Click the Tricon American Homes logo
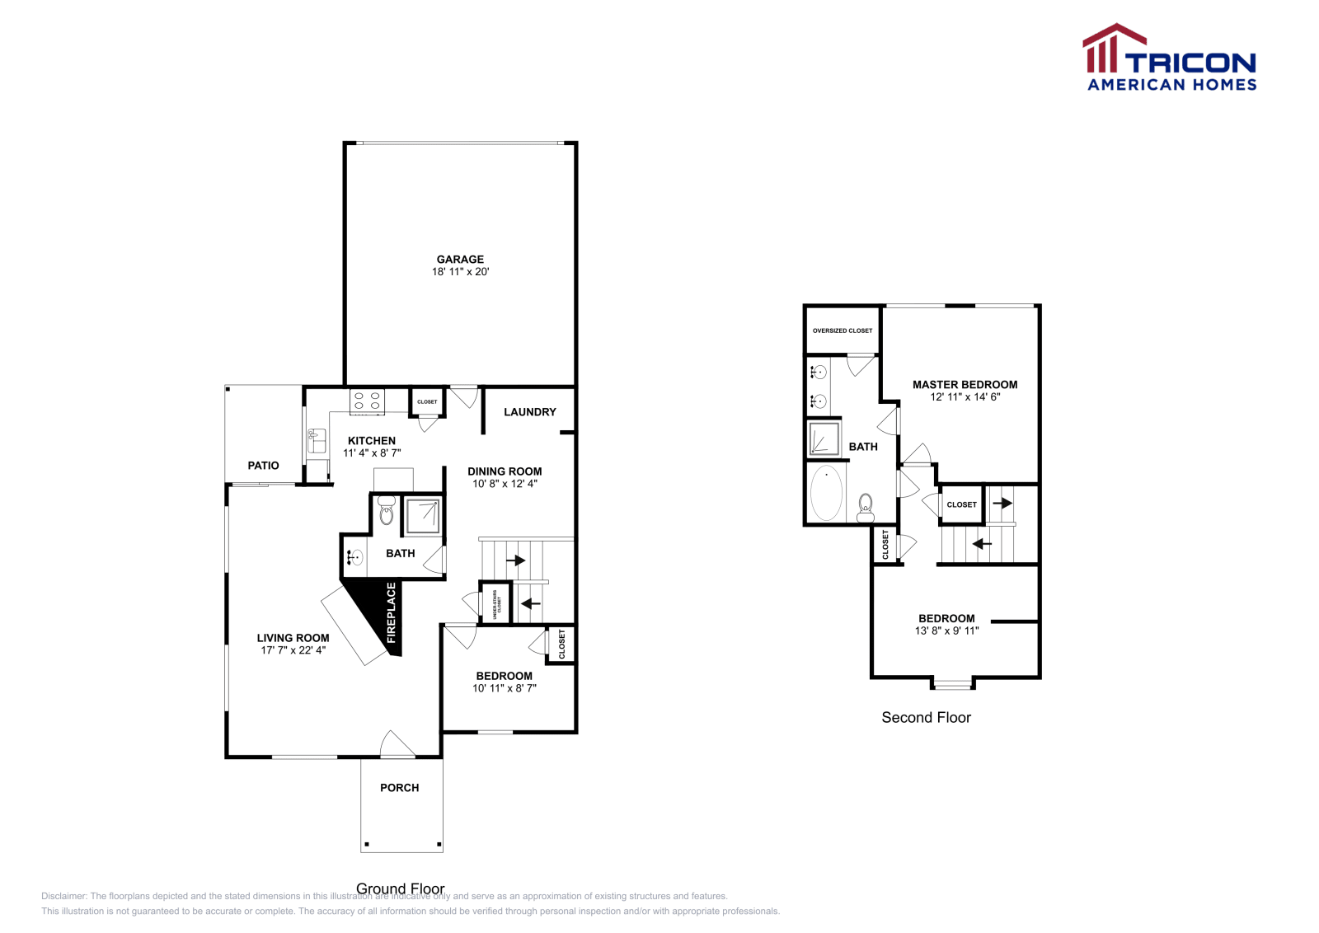[x=1170, y=58]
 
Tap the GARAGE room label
[x=460, y=259]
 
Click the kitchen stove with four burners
[x=367, y=401]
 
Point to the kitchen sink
[x=316, y=441]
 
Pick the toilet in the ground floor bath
[x=386, y=510]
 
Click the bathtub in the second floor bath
[x=826, y=493]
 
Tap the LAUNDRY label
[x=529, y=412]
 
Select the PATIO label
[x=263, y=466]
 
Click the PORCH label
[x=399, y=788]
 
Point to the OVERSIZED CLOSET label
[x=842, y=331]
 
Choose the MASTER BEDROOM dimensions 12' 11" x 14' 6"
[x=965, y=397]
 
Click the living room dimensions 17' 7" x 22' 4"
[x=293, y=650]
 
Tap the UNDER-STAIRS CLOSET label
[x=496, y=603]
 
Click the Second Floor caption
[x=926, y=718]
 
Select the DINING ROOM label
[x=505, y=471]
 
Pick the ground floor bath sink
[x=354, y=557]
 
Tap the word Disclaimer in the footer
[x=63, y=896]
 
